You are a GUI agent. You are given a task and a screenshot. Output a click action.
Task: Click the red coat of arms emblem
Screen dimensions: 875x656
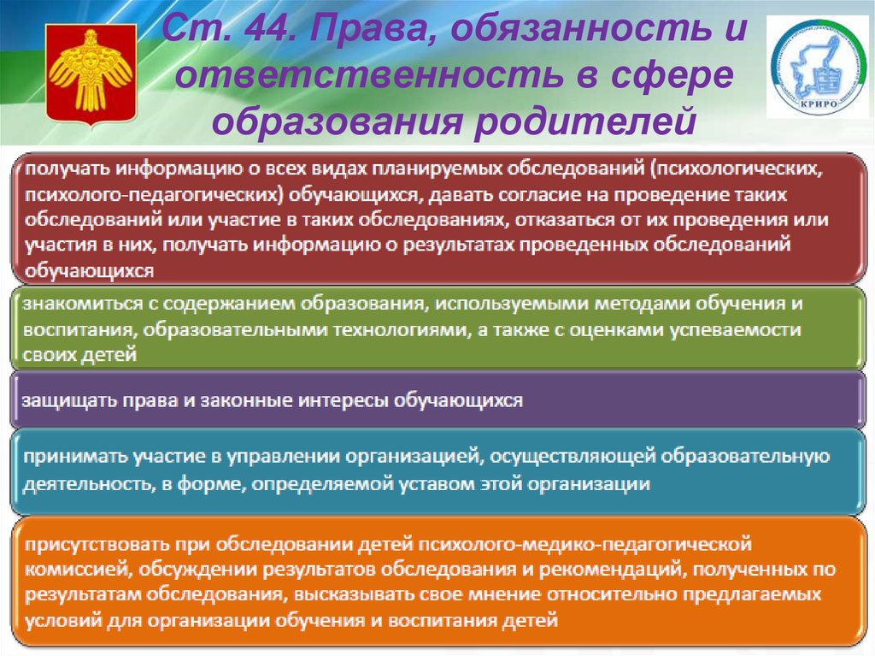click(x=91, y=73)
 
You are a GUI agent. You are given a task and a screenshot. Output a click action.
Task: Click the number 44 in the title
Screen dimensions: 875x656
click(x=267, y=28)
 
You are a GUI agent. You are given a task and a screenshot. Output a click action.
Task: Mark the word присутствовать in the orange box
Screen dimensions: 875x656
click(x=97, y=544)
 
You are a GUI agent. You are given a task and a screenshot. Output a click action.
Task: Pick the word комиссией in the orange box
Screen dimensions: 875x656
click(x=78, y=570)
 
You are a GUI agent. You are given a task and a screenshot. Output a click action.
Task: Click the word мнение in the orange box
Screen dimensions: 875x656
click(x=504, y=594)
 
